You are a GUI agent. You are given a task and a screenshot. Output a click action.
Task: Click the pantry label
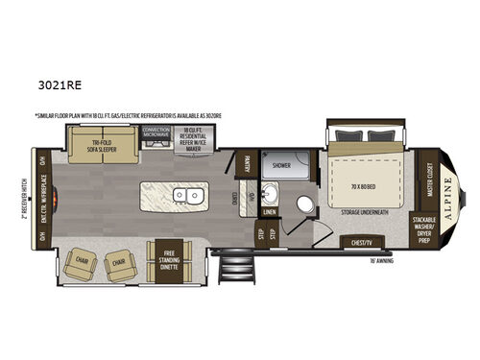tap(248, 165)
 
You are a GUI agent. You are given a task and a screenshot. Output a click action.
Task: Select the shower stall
tap(281, 165)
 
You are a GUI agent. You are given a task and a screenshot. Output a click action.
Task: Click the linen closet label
tap(270, 212)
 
